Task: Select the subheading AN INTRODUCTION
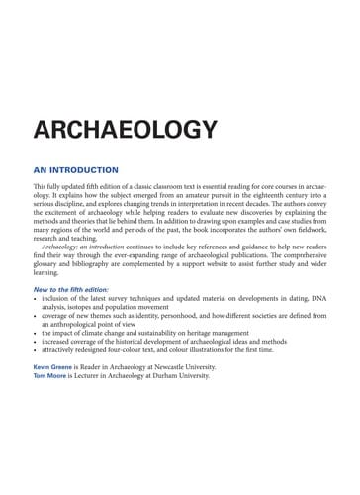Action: tap(75, 169)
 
